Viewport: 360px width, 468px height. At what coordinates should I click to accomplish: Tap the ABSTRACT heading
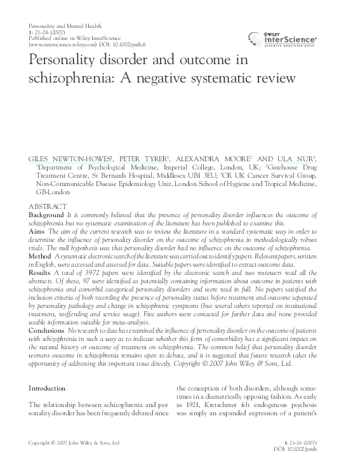pos(48,207)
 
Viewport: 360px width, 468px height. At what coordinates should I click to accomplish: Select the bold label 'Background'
pos(46,216)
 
